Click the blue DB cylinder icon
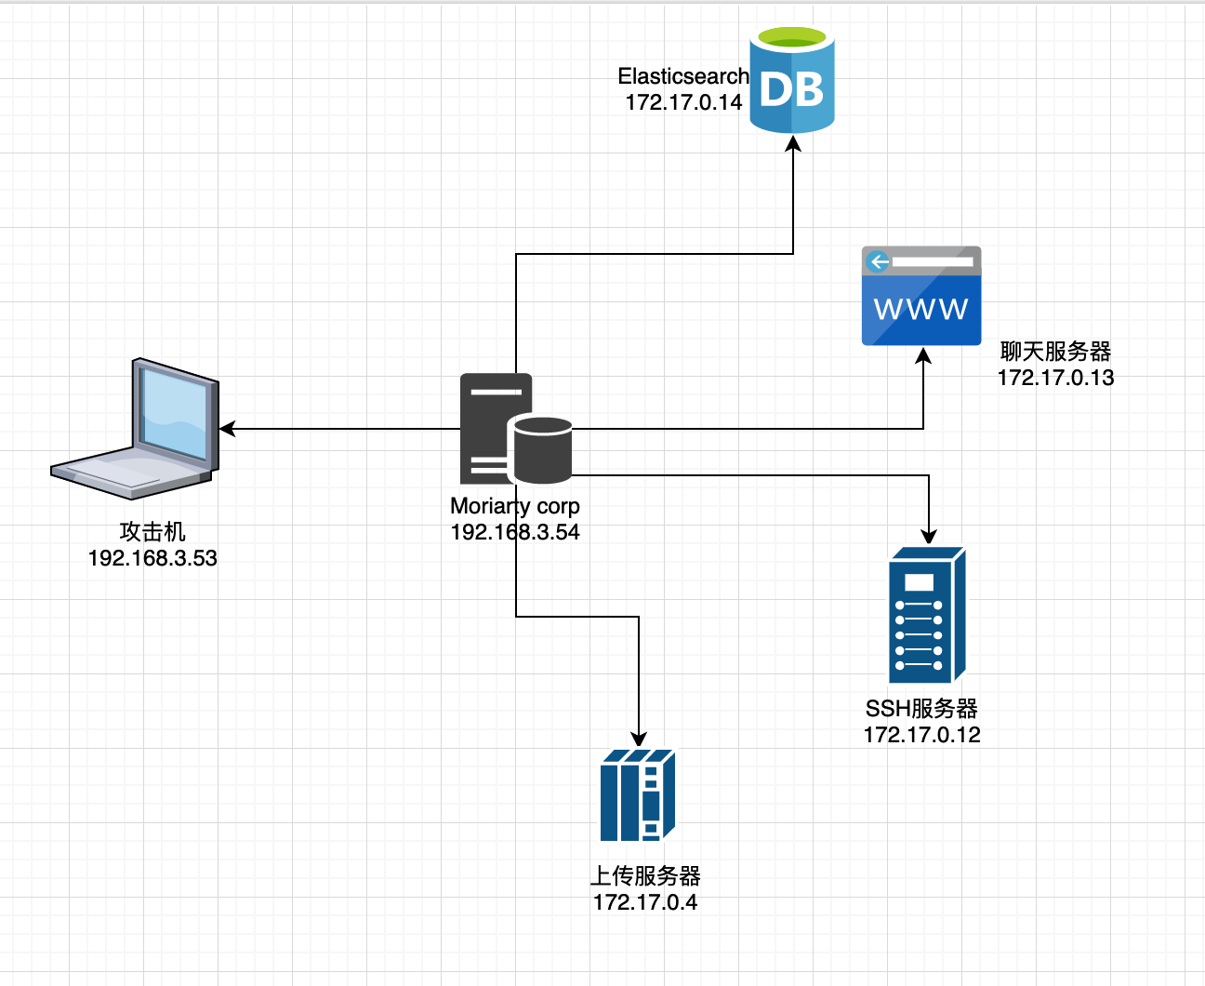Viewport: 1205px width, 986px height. pos(792,80)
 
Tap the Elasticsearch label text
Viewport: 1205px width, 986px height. pos(683,76)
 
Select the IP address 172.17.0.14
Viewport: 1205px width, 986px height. pos(683,102)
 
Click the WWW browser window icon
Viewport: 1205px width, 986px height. pos(921,296)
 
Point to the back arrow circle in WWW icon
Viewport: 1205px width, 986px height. pos(878,261)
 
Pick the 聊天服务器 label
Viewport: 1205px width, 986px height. pos(1055,351)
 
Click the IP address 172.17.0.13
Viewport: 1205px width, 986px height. pos(1055,378)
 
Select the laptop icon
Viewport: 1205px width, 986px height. pos(135,429)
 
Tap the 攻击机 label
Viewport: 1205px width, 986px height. pos(152,531)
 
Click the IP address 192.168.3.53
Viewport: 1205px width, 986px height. pos(152,558)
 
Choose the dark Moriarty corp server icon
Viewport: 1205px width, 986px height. pos(516,429)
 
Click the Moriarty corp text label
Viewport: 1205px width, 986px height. pos(515,506)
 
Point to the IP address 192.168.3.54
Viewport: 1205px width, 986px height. pos(515,532)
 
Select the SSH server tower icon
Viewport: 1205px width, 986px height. pos(927,615)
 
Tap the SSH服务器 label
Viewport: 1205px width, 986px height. pos(921,709)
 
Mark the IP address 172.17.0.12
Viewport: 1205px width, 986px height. pos(921,735)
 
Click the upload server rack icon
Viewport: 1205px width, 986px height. pos(638,795)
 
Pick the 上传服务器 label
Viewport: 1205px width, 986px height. pos(645,875)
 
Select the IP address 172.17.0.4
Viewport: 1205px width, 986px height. pos(645,902)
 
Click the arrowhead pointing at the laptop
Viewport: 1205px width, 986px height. pos(228,429)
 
